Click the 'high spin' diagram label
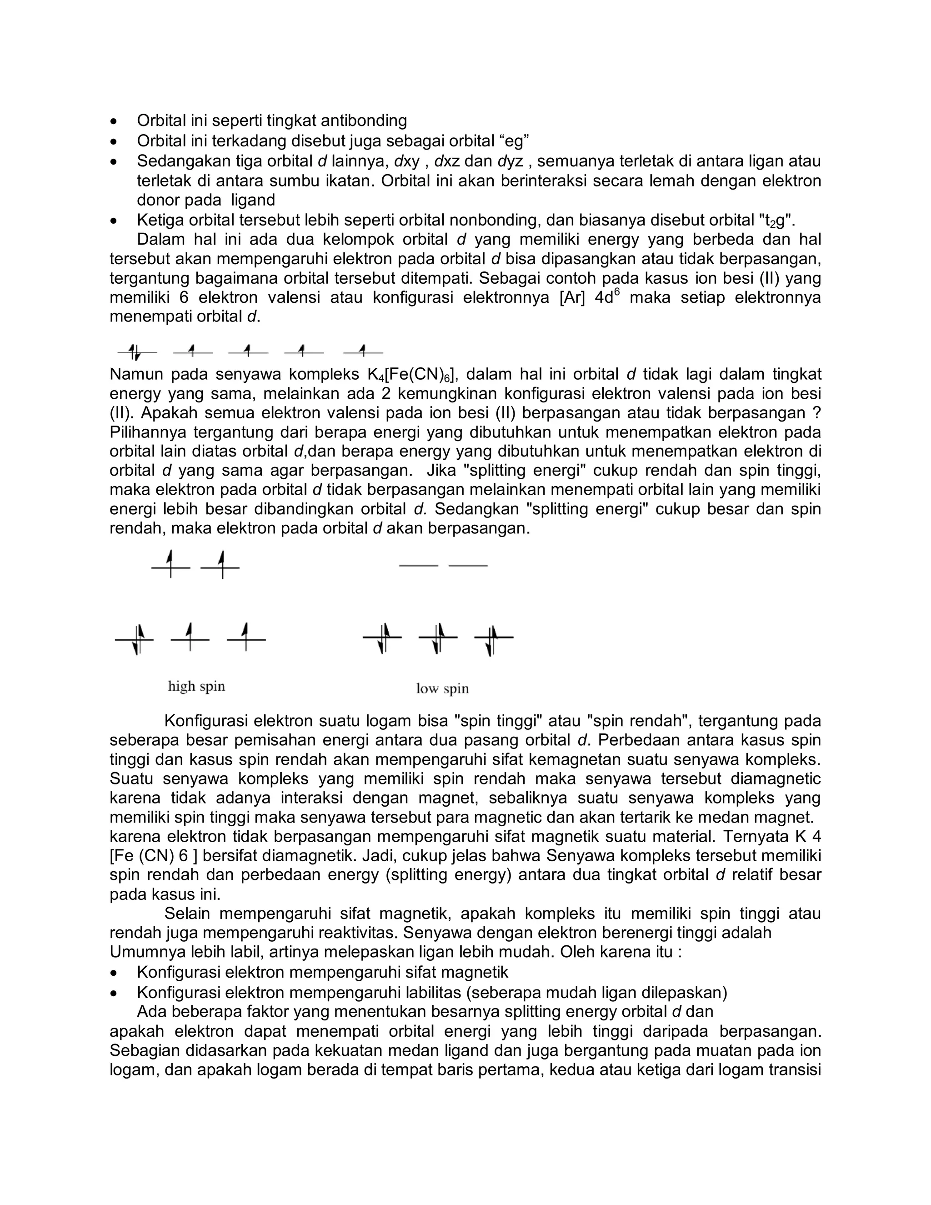coord(196,686)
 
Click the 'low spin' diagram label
coord(442,688)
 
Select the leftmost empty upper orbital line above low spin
coord(419,566)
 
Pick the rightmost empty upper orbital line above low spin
coord(468,566)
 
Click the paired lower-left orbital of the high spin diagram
coord(135,639)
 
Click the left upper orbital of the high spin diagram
coord(171,567)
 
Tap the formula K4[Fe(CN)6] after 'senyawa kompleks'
coord(410,375)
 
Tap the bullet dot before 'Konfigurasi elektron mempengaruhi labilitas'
coord(114,993)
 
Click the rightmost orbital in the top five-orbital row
coord(363,351)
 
